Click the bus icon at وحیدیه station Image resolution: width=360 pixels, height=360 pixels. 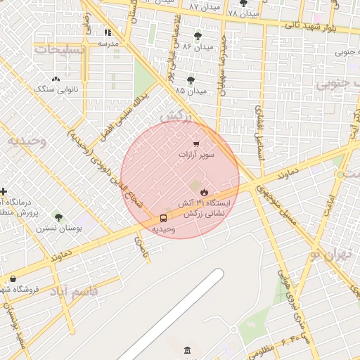coord(163,218)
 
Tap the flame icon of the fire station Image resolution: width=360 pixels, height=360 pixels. coord(204,191)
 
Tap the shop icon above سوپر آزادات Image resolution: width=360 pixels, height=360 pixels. coord(195,143)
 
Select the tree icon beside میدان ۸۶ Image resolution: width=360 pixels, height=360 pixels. coord(197,35)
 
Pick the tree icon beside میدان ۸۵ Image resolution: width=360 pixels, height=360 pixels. coord(191,80)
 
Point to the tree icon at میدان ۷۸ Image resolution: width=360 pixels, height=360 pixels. coord(243,4)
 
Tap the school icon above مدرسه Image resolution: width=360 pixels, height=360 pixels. coord(108,32)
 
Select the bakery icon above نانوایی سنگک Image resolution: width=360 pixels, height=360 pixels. coord(56,79)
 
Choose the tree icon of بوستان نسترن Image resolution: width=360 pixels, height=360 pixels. coord(58,217)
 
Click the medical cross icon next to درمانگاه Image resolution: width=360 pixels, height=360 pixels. coord(4,191)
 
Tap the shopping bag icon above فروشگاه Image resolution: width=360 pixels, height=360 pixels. coord(13,279)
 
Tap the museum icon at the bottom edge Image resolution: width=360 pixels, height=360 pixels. coord(187,350)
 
